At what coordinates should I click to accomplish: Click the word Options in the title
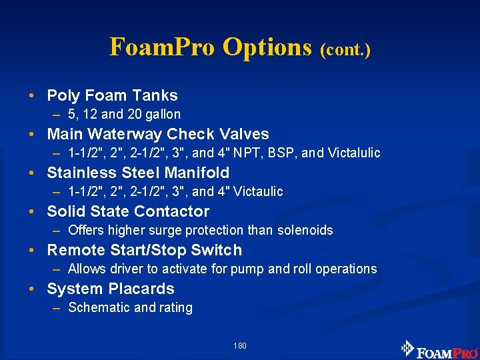coord(267,47)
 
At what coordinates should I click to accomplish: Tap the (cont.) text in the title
coord(345,49)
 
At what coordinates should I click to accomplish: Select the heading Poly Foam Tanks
coord(112,95)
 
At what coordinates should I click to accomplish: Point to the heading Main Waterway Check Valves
coord(158,134)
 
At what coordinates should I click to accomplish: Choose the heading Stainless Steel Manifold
coord(138,173)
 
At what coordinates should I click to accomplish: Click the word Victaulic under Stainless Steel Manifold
coord(257,191)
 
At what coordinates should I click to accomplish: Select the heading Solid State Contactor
coord(128,211)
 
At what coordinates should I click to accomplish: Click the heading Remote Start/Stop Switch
coord(145,250)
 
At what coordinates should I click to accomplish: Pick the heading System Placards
coord(111,289)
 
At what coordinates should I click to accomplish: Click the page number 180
coord(240,346)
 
